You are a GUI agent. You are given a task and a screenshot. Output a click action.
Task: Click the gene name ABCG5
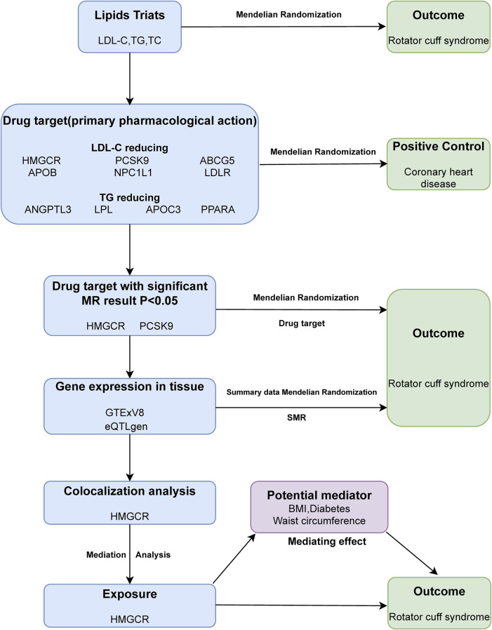point(217,161)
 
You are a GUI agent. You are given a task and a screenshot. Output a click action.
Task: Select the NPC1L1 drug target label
point(133,173)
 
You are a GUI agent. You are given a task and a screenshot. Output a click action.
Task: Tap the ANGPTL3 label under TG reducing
point(48,209)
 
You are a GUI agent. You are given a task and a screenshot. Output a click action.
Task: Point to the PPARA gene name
point(218,209)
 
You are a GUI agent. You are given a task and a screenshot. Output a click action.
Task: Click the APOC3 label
point(164,209)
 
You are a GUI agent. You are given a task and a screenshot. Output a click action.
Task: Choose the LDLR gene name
point(217,173)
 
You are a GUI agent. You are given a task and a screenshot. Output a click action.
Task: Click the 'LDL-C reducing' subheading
point(130,148)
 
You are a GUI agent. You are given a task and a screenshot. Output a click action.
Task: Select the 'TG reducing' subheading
point(130,198)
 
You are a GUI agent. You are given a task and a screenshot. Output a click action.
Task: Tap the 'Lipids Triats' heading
point(130,15)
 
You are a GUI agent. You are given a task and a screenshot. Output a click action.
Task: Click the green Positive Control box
point(438,164)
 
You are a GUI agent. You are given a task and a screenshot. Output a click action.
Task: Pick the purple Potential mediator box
point(319,507)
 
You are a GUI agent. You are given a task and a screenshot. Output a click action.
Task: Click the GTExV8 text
point(125,413)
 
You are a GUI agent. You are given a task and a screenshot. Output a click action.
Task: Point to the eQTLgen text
point(126,427)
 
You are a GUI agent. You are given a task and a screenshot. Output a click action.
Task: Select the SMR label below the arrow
point(297,418)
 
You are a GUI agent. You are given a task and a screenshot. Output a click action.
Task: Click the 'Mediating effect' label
point(327,542)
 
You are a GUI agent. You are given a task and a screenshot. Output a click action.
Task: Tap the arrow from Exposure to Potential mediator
point(234,558)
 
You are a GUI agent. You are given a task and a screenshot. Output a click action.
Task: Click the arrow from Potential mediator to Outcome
point(412,554)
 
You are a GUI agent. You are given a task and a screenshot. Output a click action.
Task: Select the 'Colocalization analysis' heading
point(130,491)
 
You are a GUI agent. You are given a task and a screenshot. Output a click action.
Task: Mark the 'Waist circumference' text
point(319,521)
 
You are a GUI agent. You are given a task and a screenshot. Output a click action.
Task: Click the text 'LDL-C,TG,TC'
point(129,41)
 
